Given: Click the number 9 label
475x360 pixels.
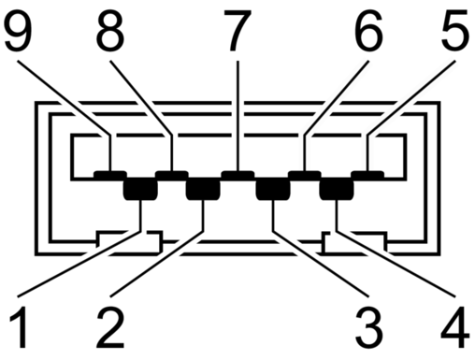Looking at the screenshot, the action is [18, 31].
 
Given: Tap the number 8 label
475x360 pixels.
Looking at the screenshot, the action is [110, 31].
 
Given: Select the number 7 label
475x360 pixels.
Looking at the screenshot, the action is [237, 31].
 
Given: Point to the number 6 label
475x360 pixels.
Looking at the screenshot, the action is [368, 31].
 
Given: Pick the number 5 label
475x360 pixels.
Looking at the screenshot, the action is [455, 31].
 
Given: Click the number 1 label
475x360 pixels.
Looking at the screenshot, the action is [20, 327].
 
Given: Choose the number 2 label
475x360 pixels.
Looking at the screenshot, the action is [110, 327].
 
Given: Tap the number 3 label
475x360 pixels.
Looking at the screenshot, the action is [368, 327].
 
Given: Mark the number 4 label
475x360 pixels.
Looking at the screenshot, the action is [455, 327].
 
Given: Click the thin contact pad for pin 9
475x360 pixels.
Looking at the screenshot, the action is [110, 175].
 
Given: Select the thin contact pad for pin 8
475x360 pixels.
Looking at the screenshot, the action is [172, 175].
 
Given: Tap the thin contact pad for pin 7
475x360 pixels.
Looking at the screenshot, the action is [237, 175].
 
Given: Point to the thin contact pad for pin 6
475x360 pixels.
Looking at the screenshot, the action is [305, 175].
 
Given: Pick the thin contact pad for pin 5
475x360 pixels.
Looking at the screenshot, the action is [367, 175].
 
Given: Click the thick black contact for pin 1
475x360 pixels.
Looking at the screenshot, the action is [140, 189].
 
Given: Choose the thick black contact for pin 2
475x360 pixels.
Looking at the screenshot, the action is [203, 189].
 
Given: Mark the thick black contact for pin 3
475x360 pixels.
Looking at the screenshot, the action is [273, 189].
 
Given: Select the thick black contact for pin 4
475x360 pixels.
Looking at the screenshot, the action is [337, 189].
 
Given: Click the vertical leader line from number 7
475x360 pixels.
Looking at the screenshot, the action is [237, 116].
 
